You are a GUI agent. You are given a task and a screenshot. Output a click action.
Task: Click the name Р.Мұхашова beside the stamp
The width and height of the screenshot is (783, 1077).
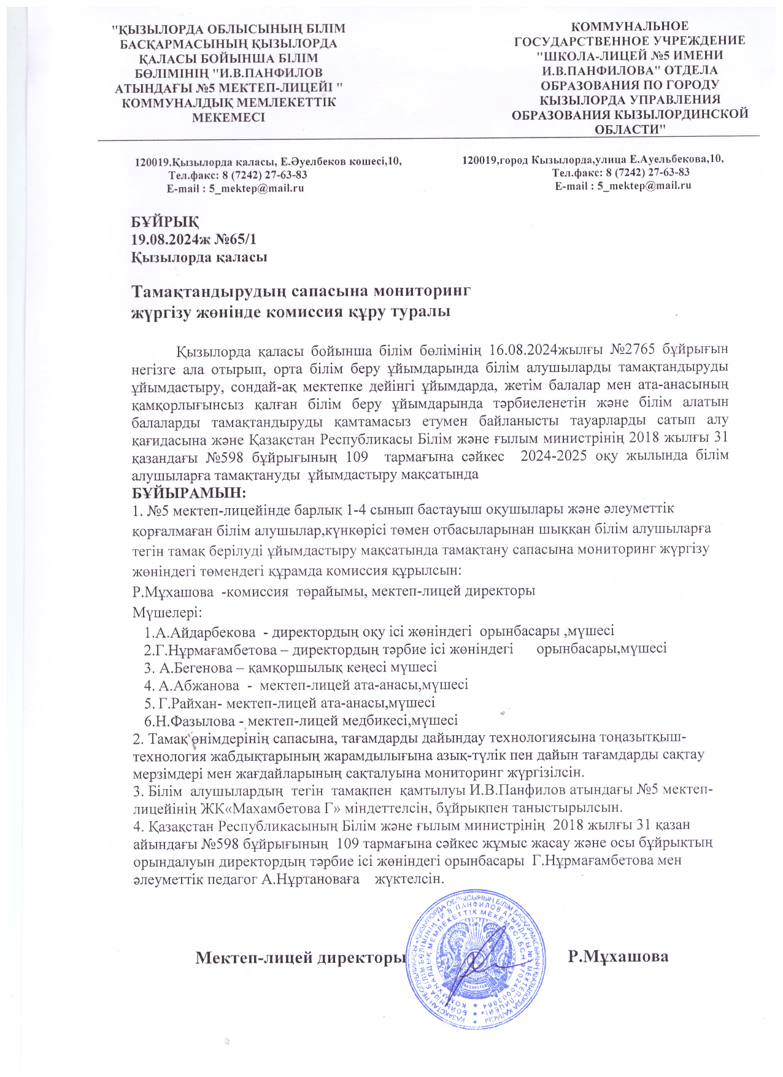point(618,956)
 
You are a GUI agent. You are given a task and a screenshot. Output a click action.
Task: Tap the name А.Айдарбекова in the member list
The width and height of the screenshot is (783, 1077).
point(206,631)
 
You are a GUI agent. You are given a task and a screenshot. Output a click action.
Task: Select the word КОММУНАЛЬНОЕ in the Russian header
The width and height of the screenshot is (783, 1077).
point(630,26)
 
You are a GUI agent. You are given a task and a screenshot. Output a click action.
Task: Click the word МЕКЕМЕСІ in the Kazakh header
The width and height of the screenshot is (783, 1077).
point(228,117)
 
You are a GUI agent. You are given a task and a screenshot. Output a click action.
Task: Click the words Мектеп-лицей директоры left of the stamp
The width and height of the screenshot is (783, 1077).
point(301,957)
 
